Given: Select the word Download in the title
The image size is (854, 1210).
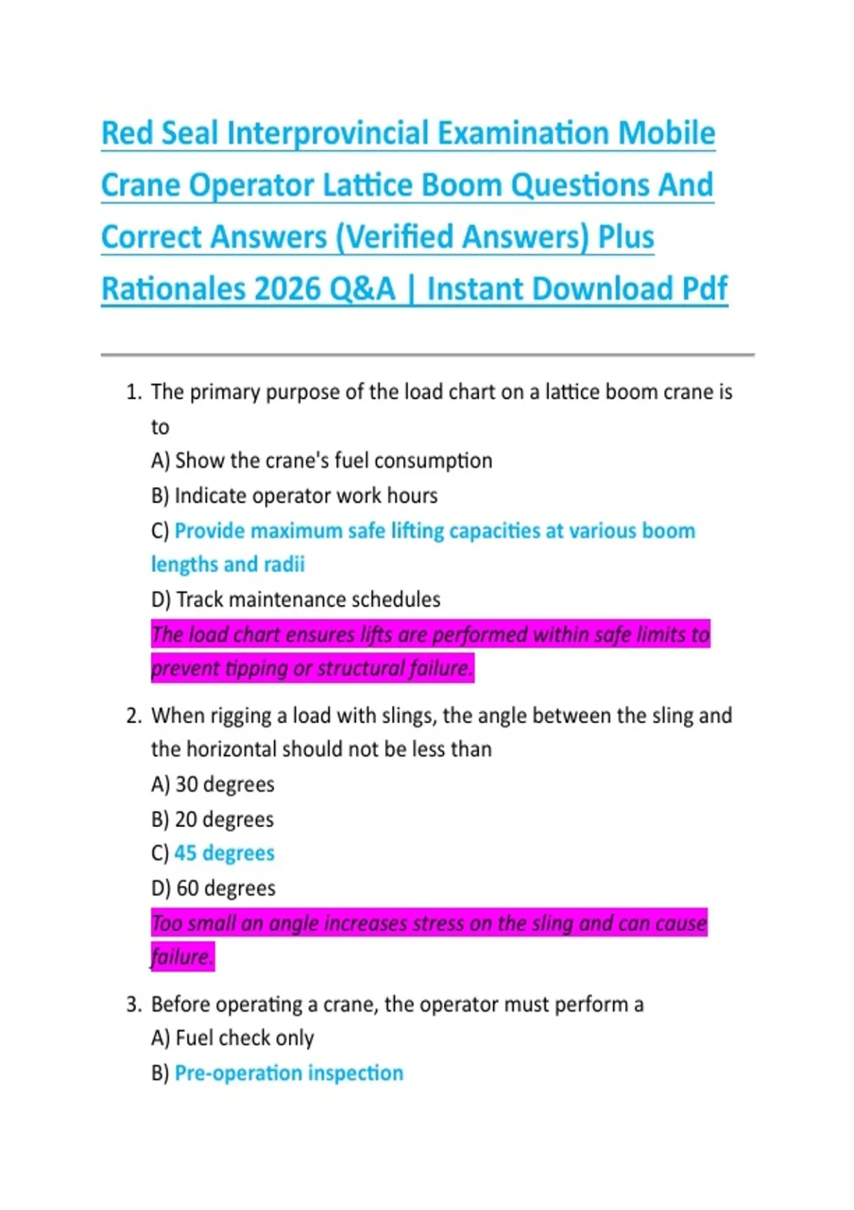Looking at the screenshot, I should [x=603, y=289].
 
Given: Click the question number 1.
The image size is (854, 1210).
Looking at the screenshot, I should [x=133, y=392].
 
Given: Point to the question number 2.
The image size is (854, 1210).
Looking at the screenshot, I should [x=133, y=715].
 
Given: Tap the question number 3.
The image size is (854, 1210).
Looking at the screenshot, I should [x=133, y=1004].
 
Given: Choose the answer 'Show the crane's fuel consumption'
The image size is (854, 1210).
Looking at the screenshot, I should [x=333, y=461].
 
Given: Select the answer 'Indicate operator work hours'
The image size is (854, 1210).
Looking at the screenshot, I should [x=306, y=495].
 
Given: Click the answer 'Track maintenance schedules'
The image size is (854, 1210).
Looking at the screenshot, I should [x=308, y=599].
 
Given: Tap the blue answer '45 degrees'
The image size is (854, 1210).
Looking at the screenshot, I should [x=224, y=853].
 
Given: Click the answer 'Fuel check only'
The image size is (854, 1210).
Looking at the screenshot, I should [x=244, y=1038].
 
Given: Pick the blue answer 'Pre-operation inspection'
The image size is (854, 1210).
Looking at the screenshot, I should [x=288, y=1073].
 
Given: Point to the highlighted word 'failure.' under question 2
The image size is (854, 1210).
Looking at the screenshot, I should [x=182, y=957].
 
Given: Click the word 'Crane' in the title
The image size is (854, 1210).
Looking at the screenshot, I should [x=140, y=185].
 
